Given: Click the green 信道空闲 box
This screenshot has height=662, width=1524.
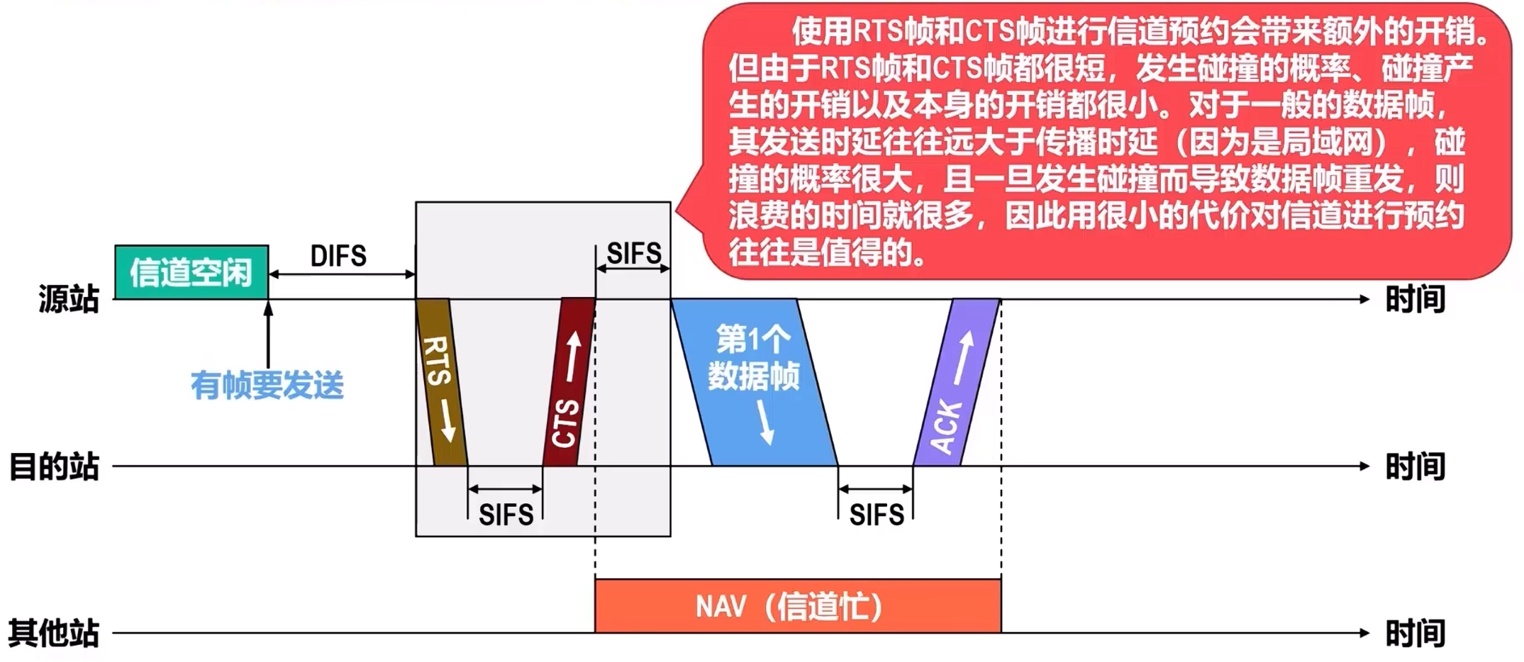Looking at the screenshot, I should pos(191,272).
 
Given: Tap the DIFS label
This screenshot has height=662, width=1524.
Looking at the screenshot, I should pos(338,256).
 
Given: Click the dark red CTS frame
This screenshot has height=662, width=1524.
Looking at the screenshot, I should pos(569,383).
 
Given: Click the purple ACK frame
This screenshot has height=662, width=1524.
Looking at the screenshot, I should pos(956,383).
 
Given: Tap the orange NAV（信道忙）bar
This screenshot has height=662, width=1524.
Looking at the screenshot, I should pos(797,607).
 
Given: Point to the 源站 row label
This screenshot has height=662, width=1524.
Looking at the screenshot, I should pos(69,299).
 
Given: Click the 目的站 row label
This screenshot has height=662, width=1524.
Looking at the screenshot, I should pos(54,467).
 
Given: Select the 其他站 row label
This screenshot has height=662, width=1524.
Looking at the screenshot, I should pos(54,633).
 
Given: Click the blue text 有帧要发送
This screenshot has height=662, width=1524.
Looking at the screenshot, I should pos(267,386).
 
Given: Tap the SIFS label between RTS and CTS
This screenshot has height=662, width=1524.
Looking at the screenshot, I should pos(506,515).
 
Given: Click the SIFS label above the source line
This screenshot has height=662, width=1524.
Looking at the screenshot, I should pos(634,253).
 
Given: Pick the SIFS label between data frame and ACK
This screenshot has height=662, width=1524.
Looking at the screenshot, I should pos(877,515).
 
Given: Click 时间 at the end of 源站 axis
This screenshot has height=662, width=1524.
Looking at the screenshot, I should pos(1415,299).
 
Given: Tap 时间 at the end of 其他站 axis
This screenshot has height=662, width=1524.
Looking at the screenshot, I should pos(1415,633).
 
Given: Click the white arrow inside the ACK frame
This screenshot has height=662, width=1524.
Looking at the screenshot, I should pos(963,358).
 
